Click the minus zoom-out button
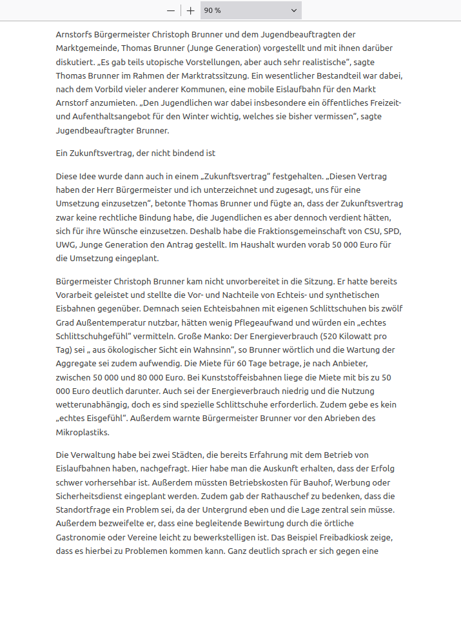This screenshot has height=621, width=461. pos(171,10)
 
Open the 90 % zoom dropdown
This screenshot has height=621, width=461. pos(251,10)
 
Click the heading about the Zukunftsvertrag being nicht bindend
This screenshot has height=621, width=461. pos(135,153)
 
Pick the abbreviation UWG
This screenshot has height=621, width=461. pos(67,246)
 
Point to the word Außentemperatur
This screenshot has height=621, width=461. pos(106,322)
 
